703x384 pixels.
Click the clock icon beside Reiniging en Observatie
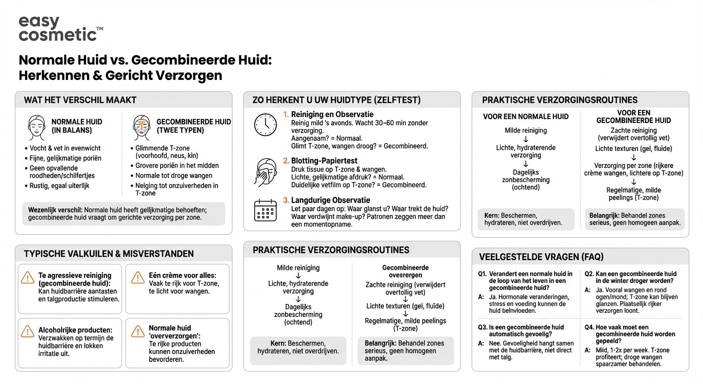click(265, 124)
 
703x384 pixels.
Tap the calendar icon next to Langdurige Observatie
click(265, 210)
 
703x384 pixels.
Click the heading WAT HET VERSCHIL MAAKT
click(80, 100)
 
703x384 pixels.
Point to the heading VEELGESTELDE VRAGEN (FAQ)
click(541, 257)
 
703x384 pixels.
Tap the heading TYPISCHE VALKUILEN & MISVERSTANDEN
click(109, 254)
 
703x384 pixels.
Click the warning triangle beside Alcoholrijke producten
click(27, 331)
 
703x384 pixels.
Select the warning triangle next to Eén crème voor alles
click(137, 276)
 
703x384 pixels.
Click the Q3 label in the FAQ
click(482, 327)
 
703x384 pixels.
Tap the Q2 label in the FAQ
click(589, 274)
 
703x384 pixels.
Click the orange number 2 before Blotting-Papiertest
click(286, 161)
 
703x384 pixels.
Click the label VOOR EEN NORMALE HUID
click(526, 116)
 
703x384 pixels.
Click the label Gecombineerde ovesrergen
click(405, 271)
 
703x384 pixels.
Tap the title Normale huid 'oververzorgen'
click(170, 332)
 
